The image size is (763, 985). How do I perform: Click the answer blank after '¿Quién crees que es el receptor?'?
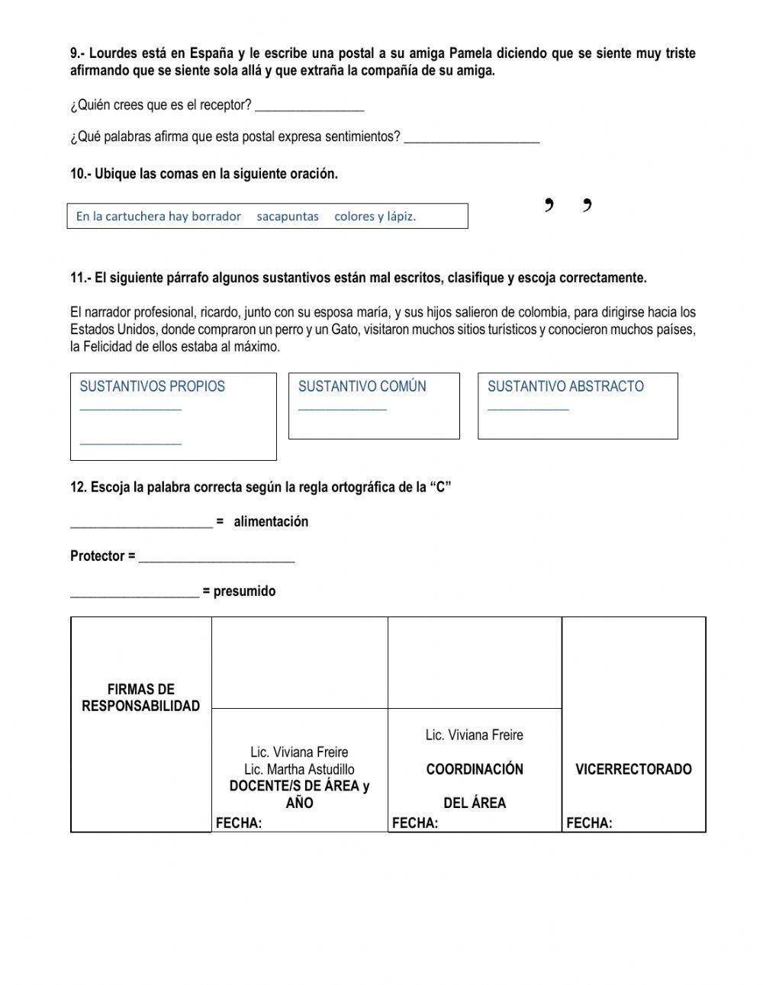click(309, 106)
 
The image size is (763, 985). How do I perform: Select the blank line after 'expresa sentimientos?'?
click(472, 138)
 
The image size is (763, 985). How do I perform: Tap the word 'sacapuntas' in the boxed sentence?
click(288, 217)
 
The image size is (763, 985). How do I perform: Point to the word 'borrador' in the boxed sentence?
click(216, 217)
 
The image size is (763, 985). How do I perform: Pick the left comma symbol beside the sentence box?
click(549, 204)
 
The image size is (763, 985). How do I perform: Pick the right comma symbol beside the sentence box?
click(587, 204)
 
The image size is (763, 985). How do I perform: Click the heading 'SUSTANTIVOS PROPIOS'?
click(152, 387)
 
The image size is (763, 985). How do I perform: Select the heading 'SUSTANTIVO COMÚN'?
click(362, 387)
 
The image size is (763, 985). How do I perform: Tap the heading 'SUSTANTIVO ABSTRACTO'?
click(565, 387)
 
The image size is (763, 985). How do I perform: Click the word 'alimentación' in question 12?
click(271, 522)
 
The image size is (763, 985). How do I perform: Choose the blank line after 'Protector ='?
click(217, 558)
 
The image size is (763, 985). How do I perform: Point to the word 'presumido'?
click(244, 591)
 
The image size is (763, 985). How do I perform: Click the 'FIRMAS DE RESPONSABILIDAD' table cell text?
click(140, 698)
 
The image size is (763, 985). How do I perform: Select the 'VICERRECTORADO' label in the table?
click(633, 769)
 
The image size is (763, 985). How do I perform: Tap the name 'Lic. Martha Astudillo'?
click(299, 769)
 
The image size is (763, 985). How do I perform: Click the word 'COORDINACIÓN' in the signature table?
click(475, 769)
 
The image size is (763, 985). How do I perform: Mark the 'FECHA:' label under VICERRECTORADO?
click(589, 823)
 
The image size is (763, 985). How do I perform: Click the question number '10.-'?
click(81, 174)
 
